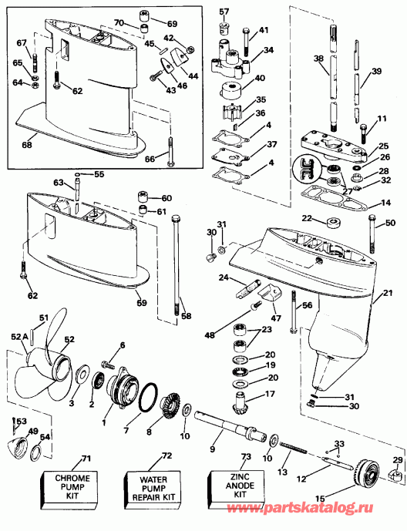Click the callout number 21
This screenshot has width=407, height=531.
point(388,292)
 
